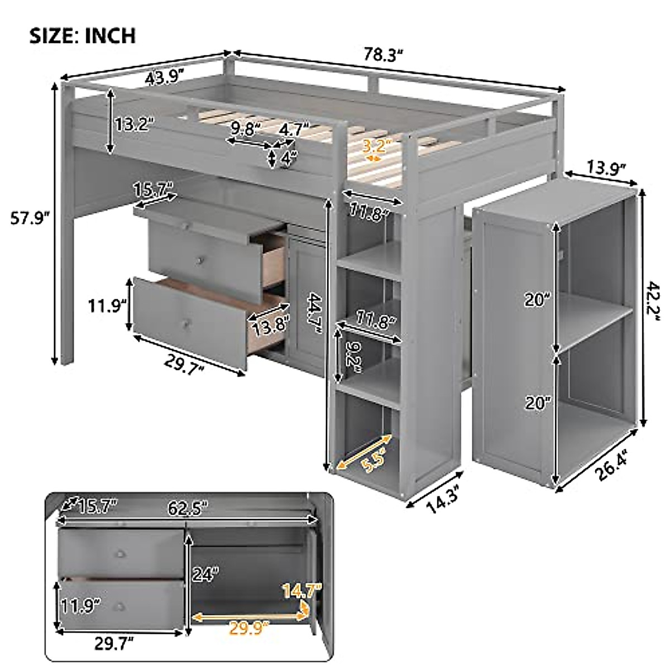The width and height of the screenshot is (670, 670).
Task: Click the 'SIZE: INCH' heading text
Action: [x=82, y=35]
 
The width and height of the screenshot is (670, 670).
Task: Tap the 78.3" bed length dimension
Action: [x=384, y=55]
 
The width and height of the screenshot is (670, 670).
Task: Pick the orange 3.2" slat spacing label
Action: [x=375, y=147]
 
